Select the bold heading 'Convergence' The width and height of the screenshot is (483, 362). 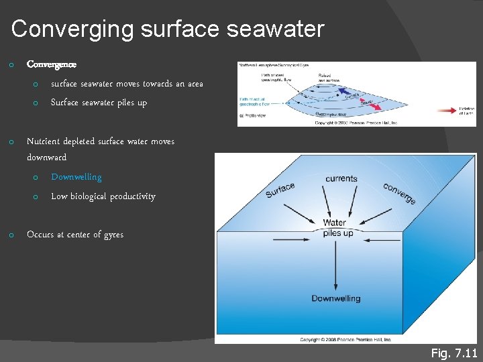pos(52,65)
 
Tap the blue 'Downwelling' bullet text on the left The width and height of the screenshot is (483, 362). pos(76,177)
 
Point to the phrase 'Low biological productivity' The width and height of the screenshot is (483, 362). pos(103,196)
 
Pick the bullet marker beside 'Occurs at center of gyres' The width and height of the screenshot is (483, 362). pos(11,235)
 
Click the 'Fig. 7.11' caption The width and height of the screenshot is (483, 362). pos(453,353)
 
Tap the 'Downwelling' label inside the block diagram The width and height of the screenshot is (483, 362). pos(336,298)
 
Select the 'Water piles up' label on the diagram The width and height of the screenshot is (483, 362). pos(334,228)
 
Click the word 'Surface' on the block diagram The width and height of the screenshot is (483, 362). pos(280,190)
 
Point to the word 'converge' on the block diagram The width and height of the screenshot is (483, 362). pos(400,193)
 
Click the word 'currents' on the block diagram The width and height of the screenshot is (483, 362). pos(341,178)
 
